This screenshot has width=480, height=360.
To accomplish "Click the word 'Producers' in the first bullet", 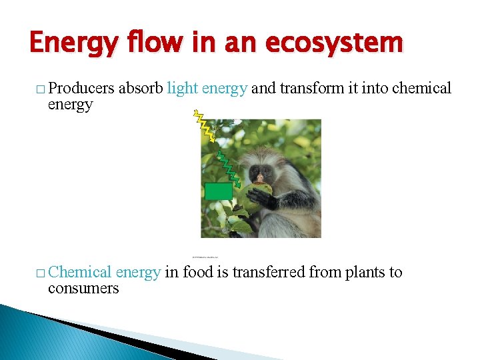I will point(81,88).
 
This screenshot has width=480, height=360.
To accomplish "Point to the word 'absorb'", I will point(141,88).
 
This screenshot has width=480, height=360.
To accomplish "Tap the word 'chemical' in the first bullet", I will point(420,88).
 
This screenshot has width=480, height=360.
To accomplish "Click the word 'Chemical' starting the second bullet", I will point(79,272).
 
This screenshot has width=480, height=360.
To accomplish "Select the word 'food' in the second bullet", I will point(198,272).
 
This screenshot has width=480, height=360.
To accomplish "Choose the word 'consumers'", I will point(83,288).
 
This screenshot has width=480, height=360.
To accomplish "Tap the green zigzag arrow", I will point(231,171).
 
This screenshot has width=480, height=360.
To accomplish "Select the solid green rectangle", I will point(219,191).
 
